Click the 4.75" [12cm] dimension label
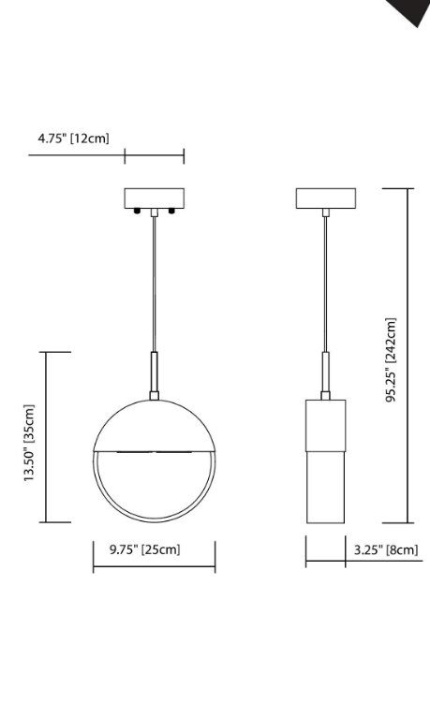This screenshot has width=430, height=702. pos(73,139)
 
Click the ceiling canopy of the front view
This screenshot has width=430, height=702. pos(154,197)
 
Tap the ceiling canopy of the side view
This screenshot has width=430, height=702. pos(326,197)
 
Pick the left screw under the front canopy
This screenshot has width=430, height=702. pos(139,212)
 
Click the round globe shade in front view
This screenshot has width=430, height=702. pos(154,487)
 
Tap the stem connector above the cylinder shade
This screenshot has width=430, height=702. pos(326,374)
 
